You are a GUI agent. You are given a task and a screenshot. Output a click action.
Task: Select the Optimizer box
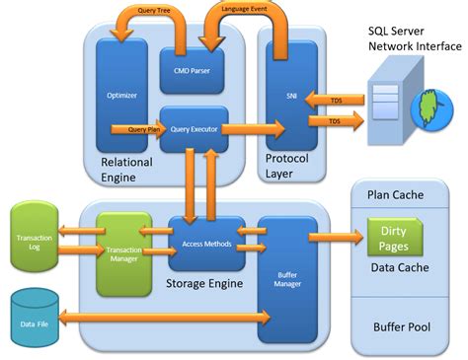click(121, 97)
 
